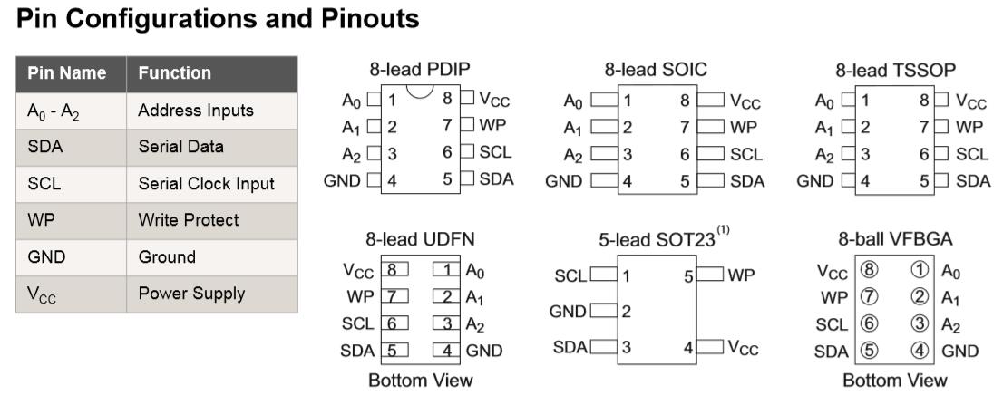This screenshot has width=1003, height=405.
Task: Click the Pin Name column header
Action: point(66,73)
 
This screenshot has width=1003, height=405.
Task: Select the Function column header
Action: point(175,73)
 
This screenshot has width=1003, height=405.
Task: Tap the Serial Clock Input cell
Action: point(206,184)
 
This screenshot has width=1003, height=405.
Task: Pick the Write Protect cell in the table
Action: point(188,220)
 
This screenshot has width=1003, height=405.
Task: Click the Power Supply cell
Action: point(191,294)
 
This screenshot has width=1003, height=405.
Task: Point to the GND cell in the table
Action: point(46,257)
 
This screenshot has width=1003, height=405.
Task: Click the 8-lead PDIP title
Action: point(420,68)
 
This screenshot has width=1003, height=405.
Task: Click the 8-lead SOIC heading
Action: point(656,68)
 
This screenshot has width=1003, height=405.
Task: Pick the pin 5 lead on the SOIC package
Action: point(711,181)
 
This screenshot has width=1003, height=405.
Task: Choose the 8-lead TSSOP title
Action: point(895,69)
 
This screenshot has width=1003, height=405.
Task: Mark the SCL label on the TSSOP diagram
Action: point(972,153)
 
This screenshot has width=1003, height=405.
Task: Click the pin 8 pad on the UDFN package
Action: point(394,270)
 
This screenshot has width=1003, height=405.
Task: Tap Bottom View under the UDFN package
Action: point(420,381)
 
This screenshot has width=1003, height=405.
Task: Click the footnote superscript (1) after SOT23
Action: point(723,230)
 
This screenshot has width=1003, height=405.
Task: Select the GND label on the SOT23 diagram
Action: point(568,312)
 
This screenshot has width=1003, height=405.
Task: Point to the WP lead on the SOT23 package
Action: point(710,274)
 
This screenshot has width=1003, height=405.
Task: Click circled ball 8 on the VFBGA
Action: point(869,270)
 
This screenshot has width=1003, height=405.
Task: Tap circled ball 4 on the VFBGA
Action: point(920,351)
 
